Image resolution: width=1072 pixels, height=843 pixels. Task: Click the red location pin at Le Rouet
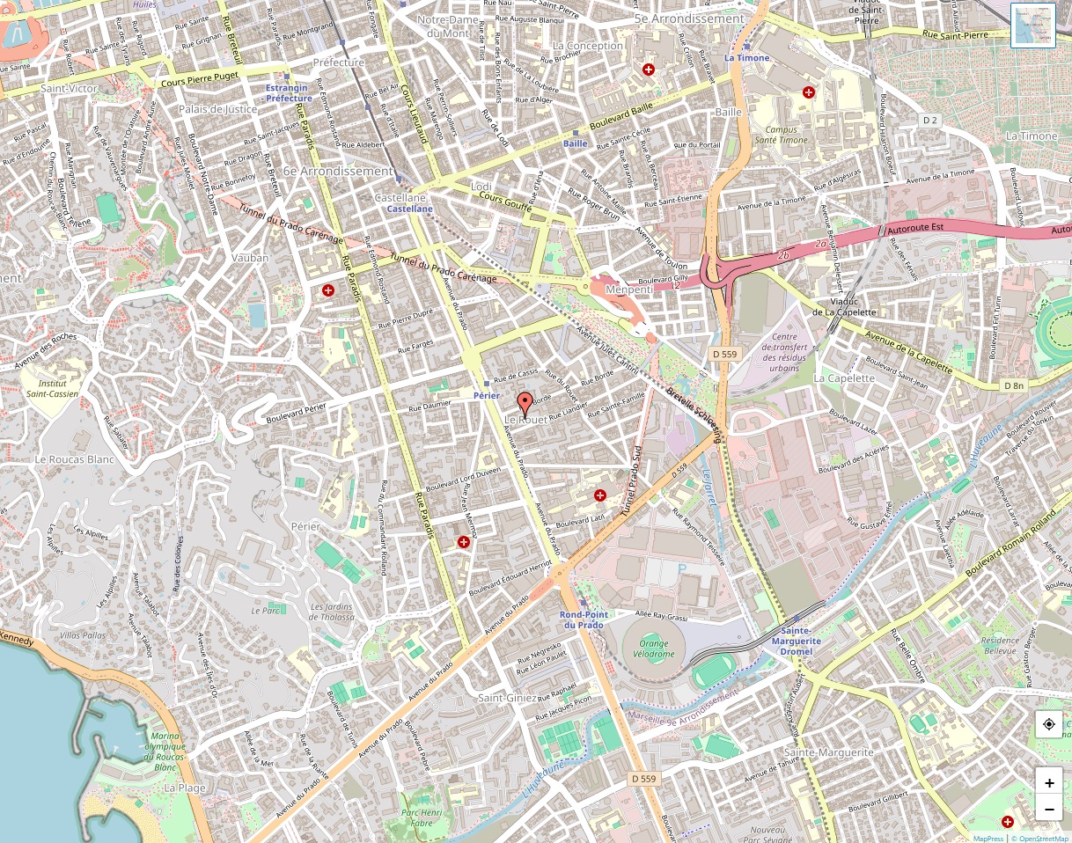(525, 404)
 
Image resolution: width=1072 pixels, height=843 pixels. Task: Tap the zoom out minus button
(1048, 808)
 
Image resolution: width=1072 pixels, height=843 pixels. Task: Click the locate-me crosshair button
(1048, 725)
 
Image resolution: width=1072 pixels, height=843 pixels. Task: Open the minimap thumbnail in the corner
(1032, 26)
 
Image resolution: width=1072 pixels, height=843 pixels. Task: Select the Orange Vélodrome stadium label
(654, 648)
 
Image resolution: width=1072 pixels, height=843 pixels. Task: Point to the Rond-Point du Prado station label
(582, 619)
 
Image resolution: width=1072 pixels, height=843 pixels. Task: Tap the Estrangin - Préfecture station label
(289, 93)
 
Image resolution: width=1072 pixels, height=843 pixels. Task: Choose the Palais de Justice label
(217, 109)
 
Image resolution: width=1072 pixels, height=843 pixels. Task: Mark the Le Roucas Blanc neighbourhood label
(75, 459)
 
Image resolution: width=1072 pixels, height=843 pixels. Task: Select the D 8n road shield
(1014, 385)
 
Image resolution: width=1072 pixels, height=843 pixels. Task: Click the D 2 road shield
(931, 119)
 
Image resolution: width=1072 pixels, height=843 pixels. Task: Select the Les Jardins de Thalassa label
(332, 612)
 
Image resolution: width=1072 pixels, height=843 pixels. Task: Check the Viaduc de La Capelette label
(843, 306)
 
